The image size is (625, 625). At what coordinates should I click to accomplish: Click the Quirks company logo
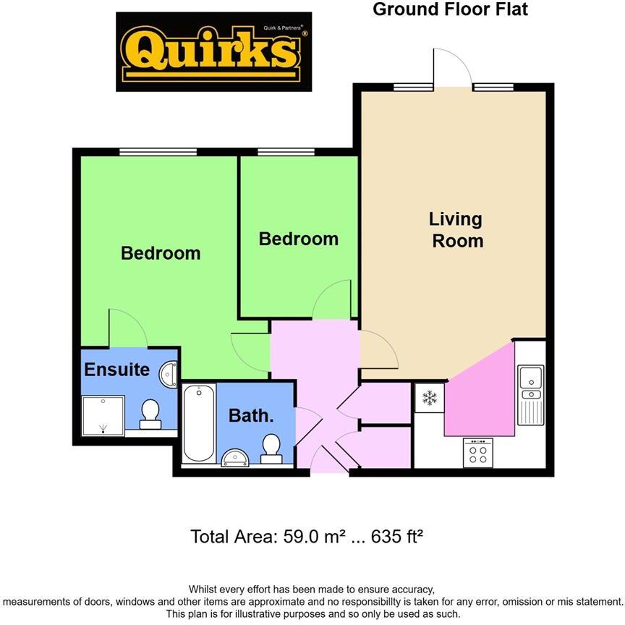[214, 52]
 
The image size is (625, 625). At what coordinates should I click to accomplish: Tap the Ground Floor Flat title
[450, 9]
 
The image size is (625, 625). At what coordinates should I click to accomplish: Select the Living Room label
[456, 229]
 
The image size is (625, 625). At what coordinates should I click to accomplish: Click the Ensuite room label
[116, 370]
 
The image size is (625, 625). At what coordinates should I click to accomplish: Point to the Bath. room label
[251, 416]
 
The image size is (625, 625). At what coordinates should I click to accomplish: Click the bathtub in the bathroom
[199, 423]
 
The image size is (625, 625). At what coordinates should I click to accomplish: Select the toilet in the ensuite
[150, 414]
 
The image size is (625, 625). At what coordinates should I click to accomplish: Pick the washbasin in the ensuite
[169, 374]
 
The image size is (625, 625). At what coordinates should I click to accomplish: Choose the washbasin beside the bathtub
[236, 456]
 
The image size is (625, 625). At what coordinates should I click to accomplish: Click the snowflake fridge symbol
[430, 398]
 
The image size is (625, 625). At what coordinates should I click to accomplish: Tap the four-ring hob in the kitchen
[477, 454]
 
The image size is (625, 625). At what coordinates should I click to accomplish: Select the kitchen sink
[531, 383]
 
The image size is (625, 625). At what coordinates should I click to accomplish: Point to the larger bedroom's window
[158, 152]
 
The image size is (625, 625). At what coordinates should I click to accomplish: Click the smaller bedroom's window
[286, 152]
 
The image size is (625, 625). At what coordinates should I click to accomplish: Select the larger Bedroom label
[161, 253]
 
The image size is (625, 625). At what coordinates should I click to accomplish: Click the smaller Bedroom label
[299, 239]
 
